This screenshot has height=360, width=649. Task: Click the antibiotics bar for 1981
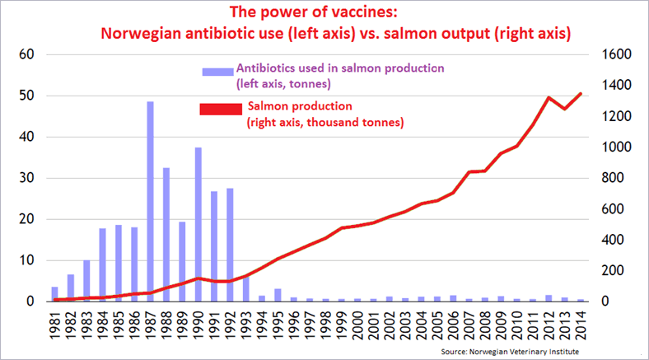[x=55, y=294]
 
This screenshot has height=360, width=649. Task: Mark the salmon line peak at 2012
[x=549, y=97]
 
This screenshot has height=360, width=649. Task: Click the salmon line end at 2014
[x=581, y=94]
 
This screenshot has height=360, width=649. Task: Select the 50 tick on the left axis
[x=28, y=96]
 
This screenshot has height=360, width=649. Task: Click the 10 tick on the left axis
[x=28, y=260]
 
